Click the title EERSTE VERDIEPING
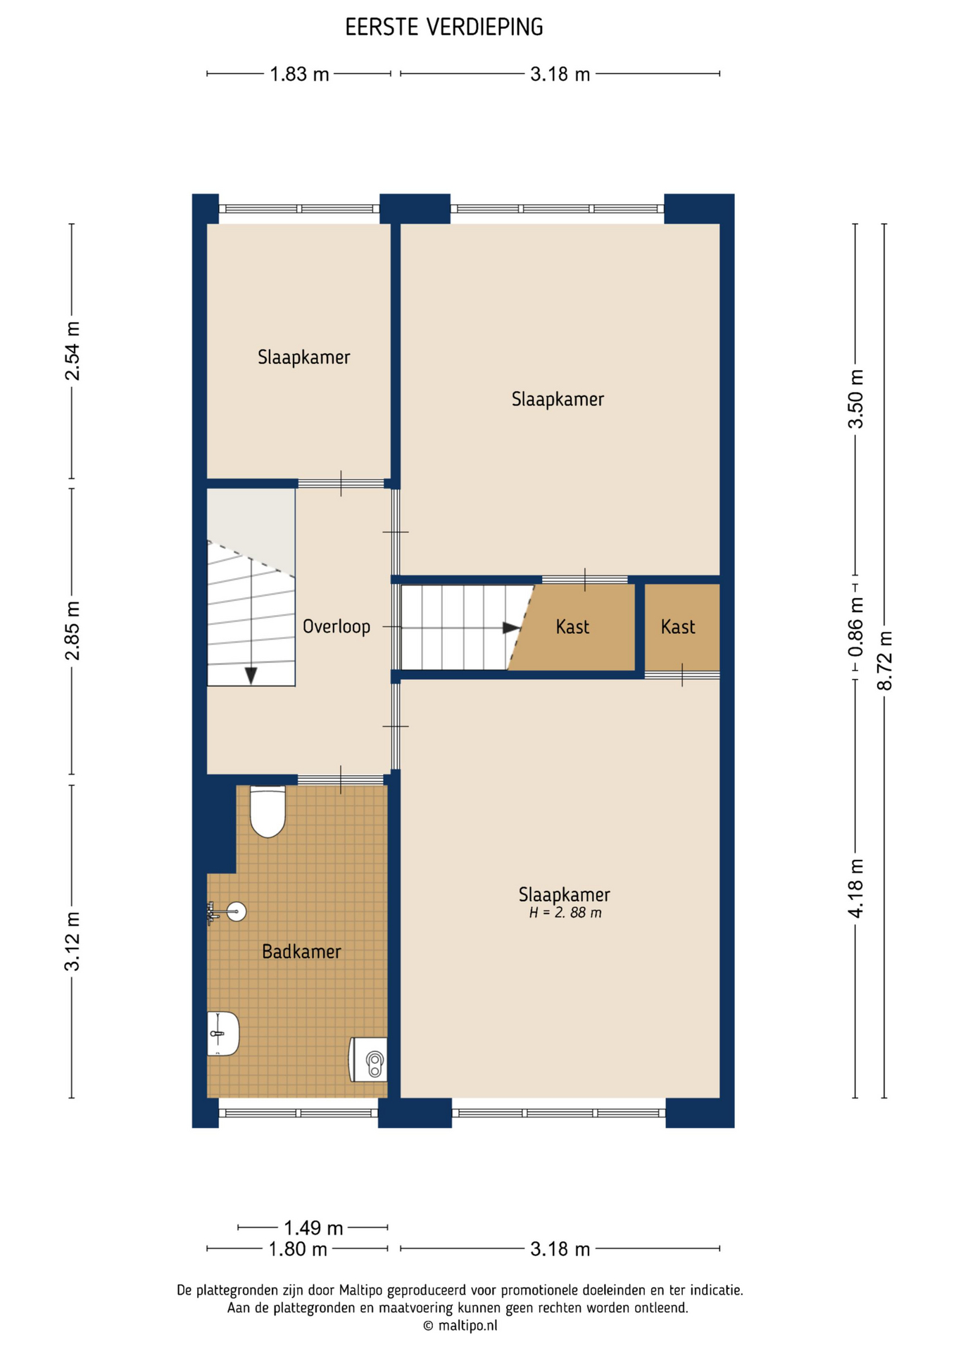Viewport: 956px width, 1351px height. tap(444, 27)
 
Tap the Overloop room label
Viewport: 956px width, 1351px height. tap(337, 626)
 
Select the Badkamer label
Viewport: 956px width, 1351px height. tap(301, 951)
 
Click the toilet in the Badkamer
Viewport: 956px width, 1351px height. tap(268, 812)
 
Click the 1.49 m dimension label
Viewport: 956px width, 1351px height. tap(313, 1228)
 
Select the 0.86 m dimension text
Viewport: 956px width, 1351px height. tap(855, 627)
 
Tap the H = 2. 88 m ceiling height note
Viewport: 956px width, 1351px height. tap(565, 913)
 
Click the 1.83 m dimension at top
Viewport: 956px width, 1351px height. tap(300, 74)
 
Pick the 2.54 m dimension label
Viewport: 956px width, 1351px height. tap(72, 351)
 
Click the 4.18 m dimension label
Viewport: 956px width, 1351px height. tap(855, 888)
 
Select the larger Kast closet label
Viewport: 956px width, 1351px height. tap(572, 626)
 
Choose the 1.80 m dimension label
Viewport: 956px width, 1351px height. tap(298, 1249)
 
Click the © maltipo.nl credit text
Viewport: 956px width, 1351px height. tap(460, 1326)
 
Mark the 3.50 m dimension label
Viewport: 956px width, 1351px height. tap(855, 398)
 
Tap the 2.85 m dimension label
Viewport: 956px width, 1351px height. tap(72, 630)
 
